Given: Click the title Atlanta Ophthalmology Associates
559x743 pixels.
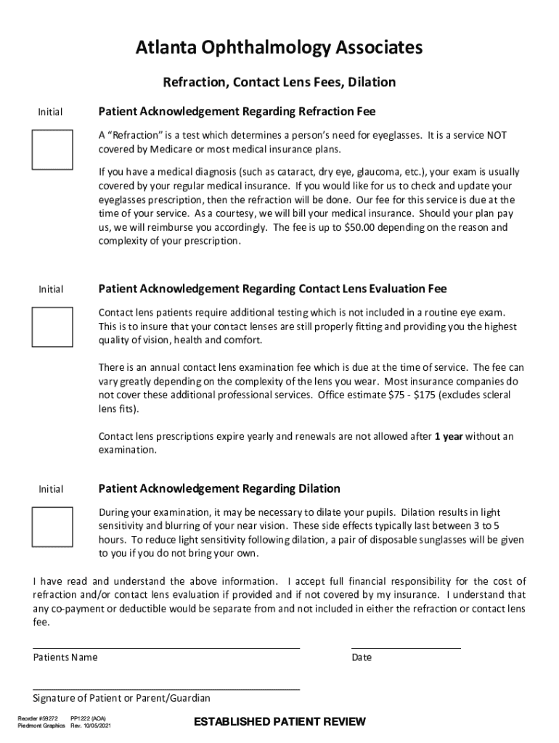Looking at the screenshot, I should (x=279, y=49).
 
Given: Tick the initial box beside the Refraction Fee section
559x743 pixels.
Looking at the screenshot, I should (x=52, y=149).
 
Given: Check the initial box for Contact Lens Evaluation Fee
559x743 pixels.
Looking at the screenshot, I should (x=52, y=327).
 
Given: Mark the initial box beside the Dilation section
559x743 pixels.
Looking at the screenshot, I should (x=52, y=526).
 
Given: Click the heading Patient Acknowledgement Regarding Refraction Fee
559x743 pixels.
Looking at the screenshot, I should (x=237, y=112).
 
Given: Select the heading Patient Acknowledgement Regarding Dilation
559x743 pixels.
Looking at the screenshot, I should (x=219, y=488).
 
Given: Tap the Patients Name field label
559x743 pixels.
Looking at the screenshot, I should (x=65, y=657).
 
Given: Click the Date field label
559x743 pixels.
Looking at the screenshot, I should (x=362, y=657).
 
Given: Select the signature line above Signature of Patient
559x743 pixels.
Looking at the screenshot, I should (x=166, y=689).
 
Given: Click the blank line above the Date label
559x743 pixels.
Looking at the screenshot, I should (x=406, y=647).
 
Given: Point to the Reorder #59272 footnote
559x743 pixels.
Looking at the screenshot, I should (x=38, y=718).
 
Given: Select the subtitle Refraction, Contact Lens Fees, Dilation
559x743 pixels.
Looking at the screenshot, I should (x=279, y=82).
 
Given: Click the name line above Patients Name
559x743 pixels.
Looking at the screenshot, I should (x=166, y=647).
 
